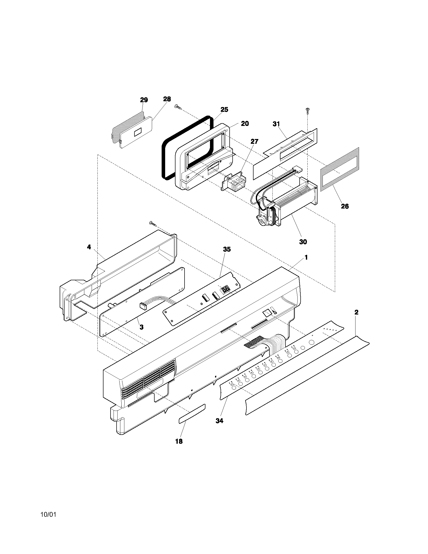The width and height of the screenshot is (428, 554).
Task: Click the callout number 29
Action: click(x=144, y=100)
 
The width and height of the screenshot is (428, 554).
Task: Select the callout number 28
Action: click(x=167, y=99)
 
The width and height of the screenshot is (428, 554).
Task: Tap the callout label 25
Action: click(x=224, y=110)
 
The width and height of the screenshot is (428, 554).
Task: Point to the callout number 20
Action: click(x=245, y=124)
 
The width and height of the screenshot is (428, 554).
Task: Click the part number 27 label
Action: click(x=254, y=142)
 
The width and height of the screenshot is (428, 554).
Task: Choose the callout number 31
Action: click(x=276, y=124)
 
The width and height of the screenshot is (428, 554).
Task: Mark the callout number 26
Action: click(x=345, y=206)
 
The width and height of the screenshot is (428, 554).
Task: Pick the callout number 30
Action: click(x=303, y=242)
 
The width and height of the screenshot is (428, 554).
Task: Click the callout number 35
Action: click(x=227, y=249)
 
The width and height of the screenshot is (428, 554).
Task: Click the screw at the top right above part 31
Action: click(x=308, y=111)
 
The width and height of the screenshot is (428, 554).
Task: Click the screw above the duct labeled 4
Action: click(x=153, y=223)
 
